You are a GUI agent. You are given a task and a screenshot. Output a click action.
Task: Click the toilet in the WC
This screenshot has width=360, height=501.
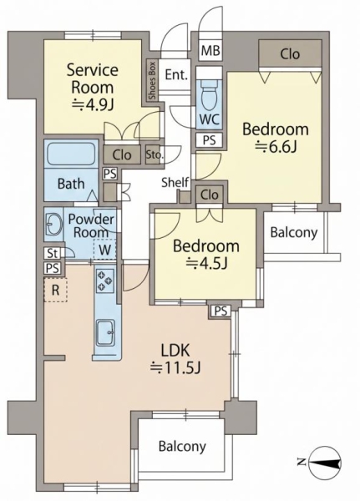tap(210, 94)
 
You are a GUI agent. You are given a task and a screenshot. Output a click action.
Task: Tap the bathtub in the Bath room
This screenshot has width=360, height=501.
tap(72, 154)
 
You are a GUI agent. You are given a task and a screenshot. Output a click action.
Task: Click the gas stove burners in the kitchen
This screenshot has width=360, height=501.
tap(105, 281)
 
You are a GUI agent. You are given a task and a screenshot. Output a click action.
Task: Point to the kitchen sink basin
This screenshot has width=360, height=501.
tap(105, 332)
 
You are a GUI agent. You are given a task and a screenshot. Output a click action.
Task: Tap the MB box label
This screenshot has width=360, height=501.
tap(210, 50)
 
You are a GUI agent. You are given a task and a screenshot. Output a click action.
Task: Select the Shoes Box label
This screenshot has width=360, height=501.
tap(152, 80)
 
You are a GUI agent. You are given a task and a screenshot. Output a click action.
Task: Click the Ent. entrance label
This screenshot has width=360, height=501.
tap(176, 75)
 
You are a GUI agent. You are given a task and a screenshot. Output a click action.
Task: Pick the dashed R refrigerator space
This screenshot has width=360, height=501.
tap(55, 290)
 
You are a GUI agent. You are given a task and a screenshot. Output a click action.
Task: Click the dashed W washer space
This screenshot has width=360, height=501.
tap(104, 250)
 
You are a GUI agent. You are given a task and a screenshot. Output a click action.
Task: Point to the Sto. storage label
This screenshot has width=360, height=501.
tap(155, 155)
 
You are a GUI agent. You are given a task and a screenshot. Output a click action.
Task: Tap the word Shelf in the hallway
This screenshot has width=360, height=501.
tap(175, 182)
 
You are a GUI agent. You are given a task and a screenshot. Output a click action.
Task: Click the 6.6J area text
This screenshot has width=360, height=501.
tap(276, 147)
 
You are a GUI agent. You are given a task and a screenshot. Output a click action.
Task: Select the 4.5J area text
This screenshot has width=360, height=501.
tap(206, 263)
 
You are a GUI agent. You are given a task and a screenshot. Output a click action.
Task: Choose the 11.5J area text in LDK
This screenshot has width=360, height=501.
tap(175, 368)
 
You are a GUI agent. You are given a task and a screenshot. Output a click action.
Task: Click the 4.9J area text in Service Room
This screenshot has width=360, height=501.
tap(93, 104)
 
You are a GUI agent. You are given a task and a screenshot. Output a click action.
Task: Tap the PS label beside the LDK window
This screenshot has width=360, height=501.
tap(221, 311)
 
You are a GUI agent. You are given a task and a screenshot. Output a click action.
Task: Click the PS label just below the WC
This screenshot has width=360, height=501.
tap(210, 140)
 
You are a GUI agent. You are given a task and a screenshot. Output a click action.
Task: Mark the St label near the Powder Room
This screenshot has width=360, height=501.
tap(53, 253)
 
